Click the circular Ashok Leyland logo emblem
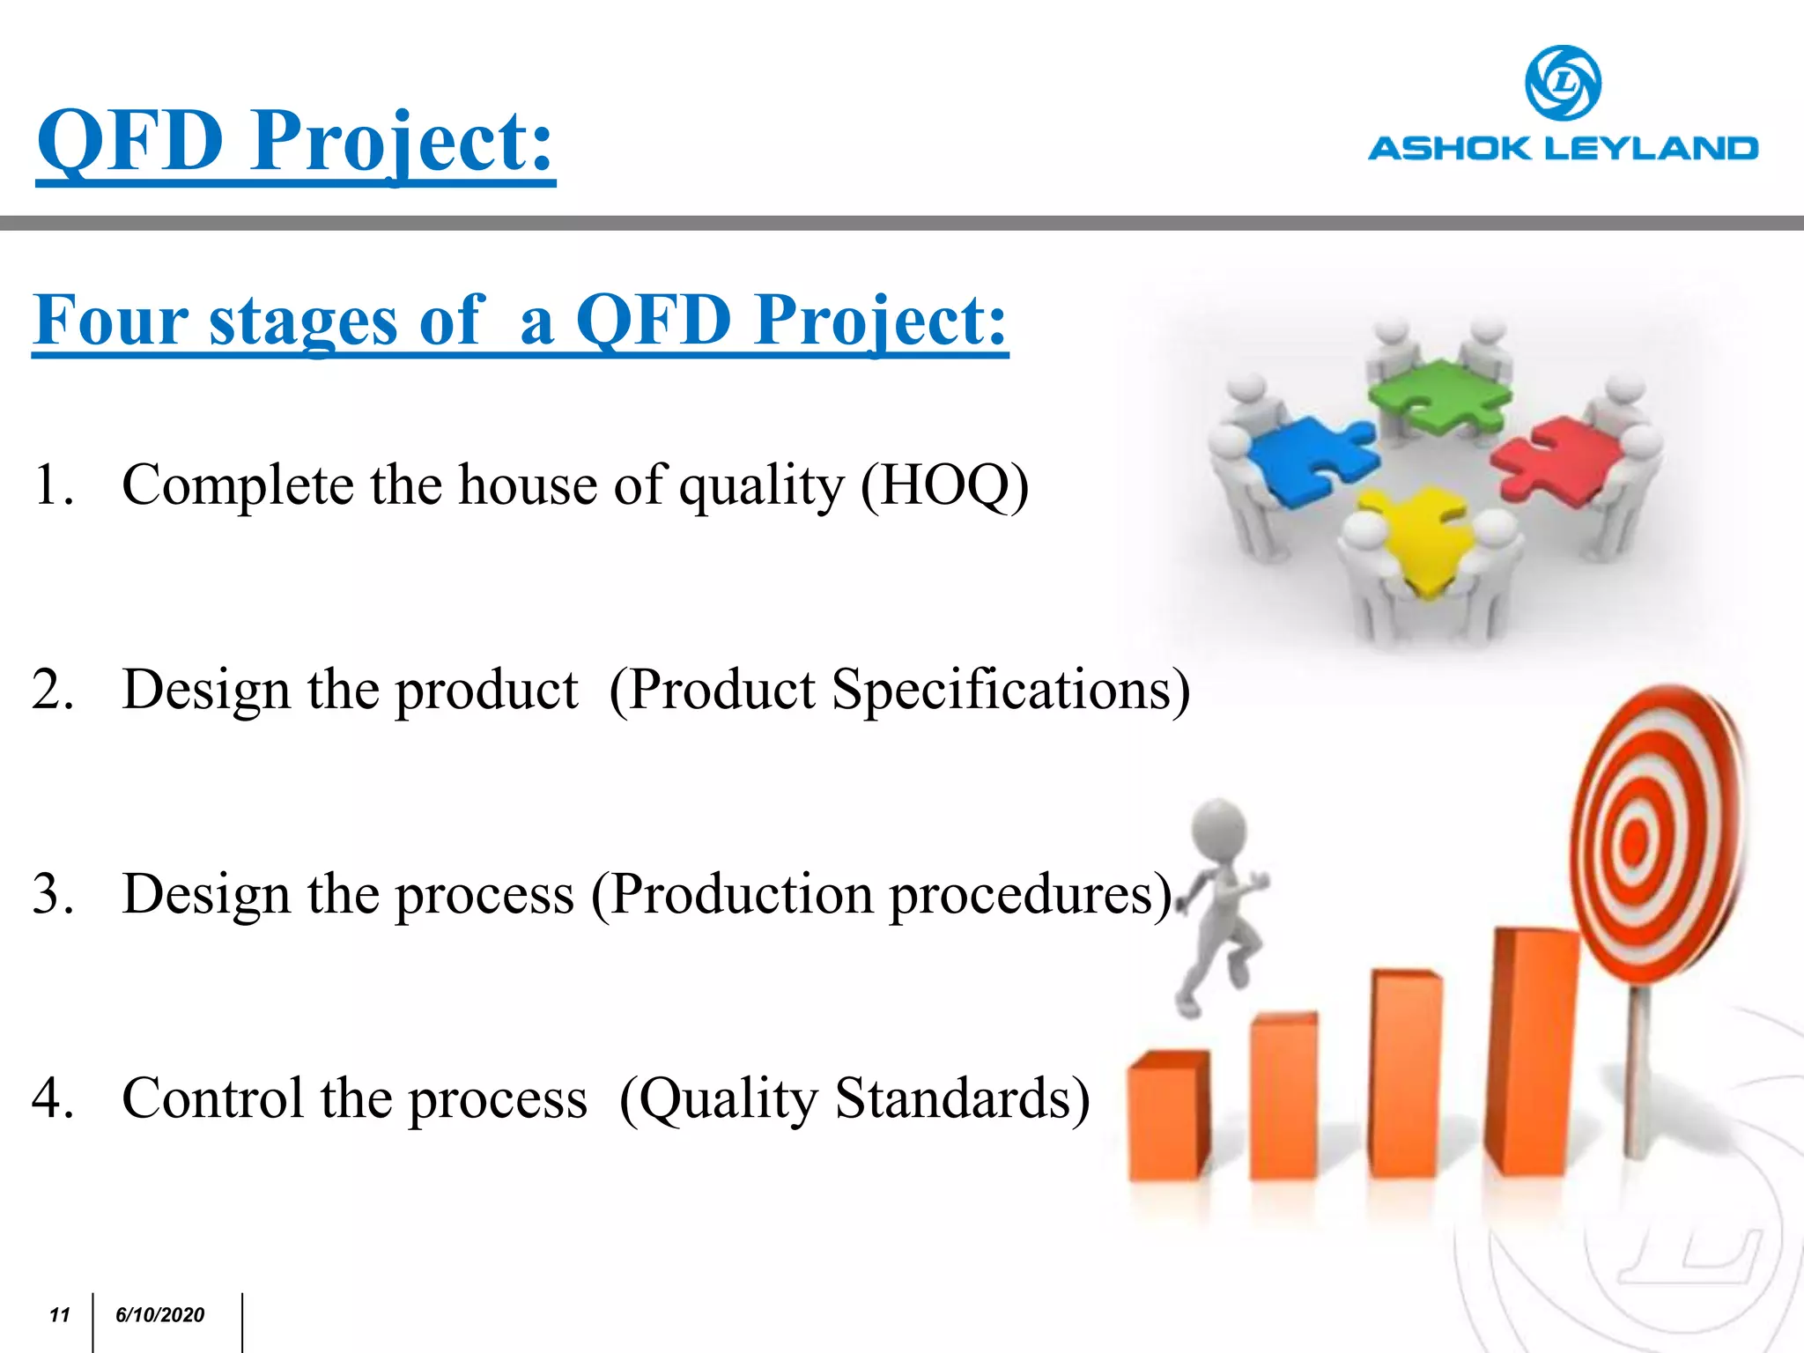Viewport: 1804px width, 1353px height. (1563, 83)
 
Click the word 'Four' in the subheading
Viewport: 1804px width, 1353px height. (110, 320)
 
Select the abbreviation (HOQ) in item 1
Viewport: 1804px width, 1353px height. (944, 484)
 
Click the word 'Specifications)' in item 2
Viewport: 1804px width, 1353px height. (1011, 689)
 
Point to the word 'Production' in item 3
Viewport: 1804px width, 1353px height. (736, 894)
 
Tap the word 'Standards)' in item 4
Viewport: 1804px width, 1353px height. (962, 1098)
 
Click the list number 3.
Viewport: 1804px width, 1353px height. (53, 894)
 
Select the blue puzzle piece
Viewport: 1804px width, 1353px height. (1308, 458)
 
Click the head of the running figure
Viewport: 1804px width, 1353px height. (1219, 828)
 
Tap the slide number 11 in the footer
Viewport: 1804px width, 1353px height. (59, 1315)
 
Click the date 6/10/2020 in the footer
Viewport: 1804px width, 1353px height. (159, 1315)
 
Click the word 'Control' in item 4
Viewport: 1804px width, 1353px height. (212, 1098)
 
